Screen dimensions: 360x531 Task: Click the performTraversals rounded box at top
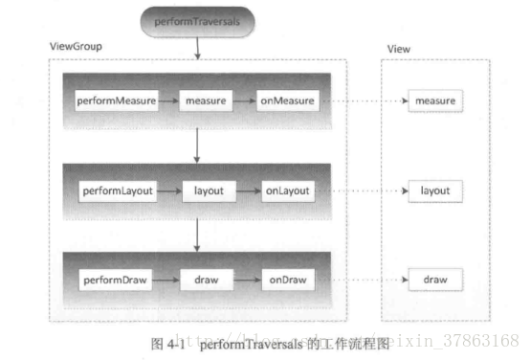(x=197, y=19)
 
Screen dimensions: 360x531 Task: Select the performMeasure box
(x=116, y=100)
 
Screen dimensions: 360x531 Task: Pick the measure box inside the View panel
(x=435, y=100)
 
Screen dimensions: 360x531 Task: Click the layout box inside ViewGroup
(x=209, y=191)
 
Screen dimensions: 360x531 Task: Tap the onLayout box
(x=287, y=191)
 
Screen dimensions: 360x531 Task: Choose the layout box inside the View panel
(x=435, y=191)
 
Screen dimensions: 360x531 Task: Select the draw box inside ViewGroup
(x=209, y=281)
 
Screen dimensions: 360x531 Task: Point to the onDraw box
(x=287, y=281)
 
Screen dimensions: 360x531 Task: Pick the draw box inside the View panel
(x=435, y=281)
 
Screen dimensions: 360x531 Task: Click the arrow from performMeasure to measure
(x=167, y=100)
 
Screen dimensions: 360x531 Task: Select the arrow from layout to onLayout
(x=249, y=191)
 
